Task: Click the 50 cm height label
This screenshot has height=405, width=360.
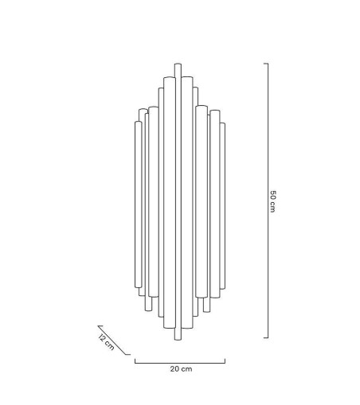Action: click(x=272, y=201)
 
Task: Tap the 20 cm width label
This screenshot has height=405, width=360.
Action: click(x=181, y=368)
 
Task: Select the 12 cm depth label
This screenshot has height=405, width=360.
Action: click(x=104, y=343)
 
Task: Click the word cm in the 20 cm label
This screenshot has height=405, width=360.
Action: click(x=186, y=368)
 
